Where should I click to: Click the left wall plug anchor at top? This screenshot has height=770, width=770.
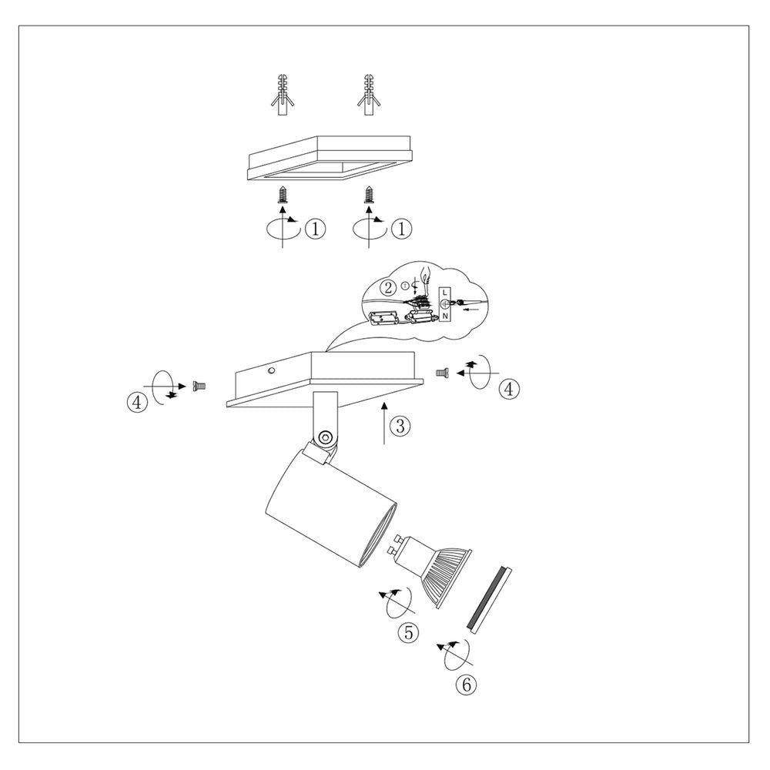[x=283, y=95]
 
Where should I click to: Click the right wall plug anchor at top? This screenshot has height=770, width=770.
[x=368, y=95]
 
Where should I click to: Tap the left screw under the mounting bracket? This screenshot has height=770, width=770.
[x=283, y=195]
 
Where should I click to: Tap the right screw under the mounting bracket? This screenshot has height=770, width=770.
[x=368, y=195]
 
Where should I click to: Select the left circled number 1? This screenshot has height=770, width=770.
[x=315, y=229]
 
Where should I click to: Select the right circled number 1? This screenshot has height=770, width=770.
[x=401, y=229]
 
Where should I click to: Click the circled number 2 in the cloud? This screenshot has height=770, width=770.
[x=388, y=288]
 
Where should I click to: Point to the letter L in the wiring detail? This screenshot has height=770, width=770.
[x=444, y=293]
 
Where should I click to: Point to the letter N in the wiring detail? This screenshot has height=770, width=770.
[x=445, y=316]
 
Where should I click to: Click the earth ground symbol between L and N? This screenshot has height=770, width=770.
[x=444, y=304]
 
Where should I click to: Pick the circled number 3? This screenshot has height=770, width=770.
[x=400, y=426]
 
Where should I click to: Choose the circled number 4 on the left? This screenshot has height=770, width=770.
[x=137, y=402]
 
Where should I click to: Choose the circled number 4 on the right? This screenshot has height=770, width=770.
[x=509, y=389]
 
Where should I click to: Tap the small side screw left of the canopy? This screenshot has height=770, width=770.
[x=199, y=387]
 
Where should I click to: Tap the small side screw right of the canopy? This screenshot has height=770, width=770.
[x=440, y=373]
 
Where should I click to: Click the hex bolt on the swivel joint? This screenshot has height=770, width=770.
[x=325, y=437]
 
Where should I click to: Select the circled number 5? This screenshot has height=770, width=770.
[x=409, y=632]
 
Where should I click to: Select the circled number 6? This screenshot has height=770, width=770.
[x=466, y=684]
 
